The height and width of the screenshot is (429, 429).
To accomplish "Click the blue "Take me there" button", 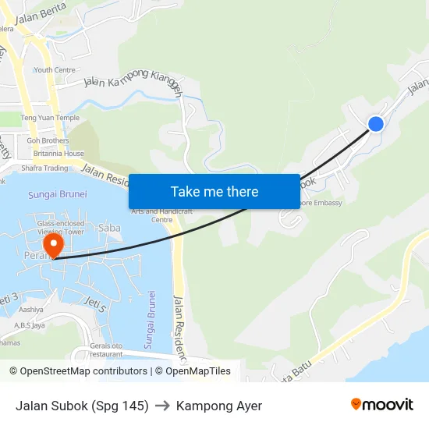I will [x=214, y=191].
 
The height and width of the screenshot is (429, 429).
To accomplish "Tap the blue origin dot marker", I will [x=375, y=123].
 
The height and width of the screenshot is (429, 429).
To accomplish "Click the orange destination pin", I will [x=53, y=246].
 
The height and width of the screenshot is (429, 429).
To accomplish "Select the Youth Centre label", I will [x=55, y=69].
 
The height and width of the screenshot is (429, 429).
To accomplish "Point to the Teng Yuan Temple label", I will [x=50, y=118].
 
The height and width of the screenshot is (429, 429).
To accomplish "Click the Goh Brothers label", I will [x=48, y=140].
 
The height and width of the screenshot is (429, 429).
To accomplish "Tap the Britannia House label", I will [x=58, y=154].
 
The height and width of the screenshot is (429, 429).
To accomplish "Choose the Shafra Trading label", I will [x=44, y=168].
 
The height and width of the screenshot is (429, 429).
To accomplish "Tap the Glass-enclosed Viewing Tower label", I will [x=61, y=227].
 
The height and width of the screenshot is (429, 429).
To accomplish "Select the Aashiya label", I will [x=31, y=309].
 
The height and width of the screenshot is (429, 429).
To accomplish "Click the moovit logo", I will [x=381, y=405].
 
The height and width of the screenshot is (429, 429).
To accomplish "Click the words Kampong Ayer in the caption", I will [x=219, y=406].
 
